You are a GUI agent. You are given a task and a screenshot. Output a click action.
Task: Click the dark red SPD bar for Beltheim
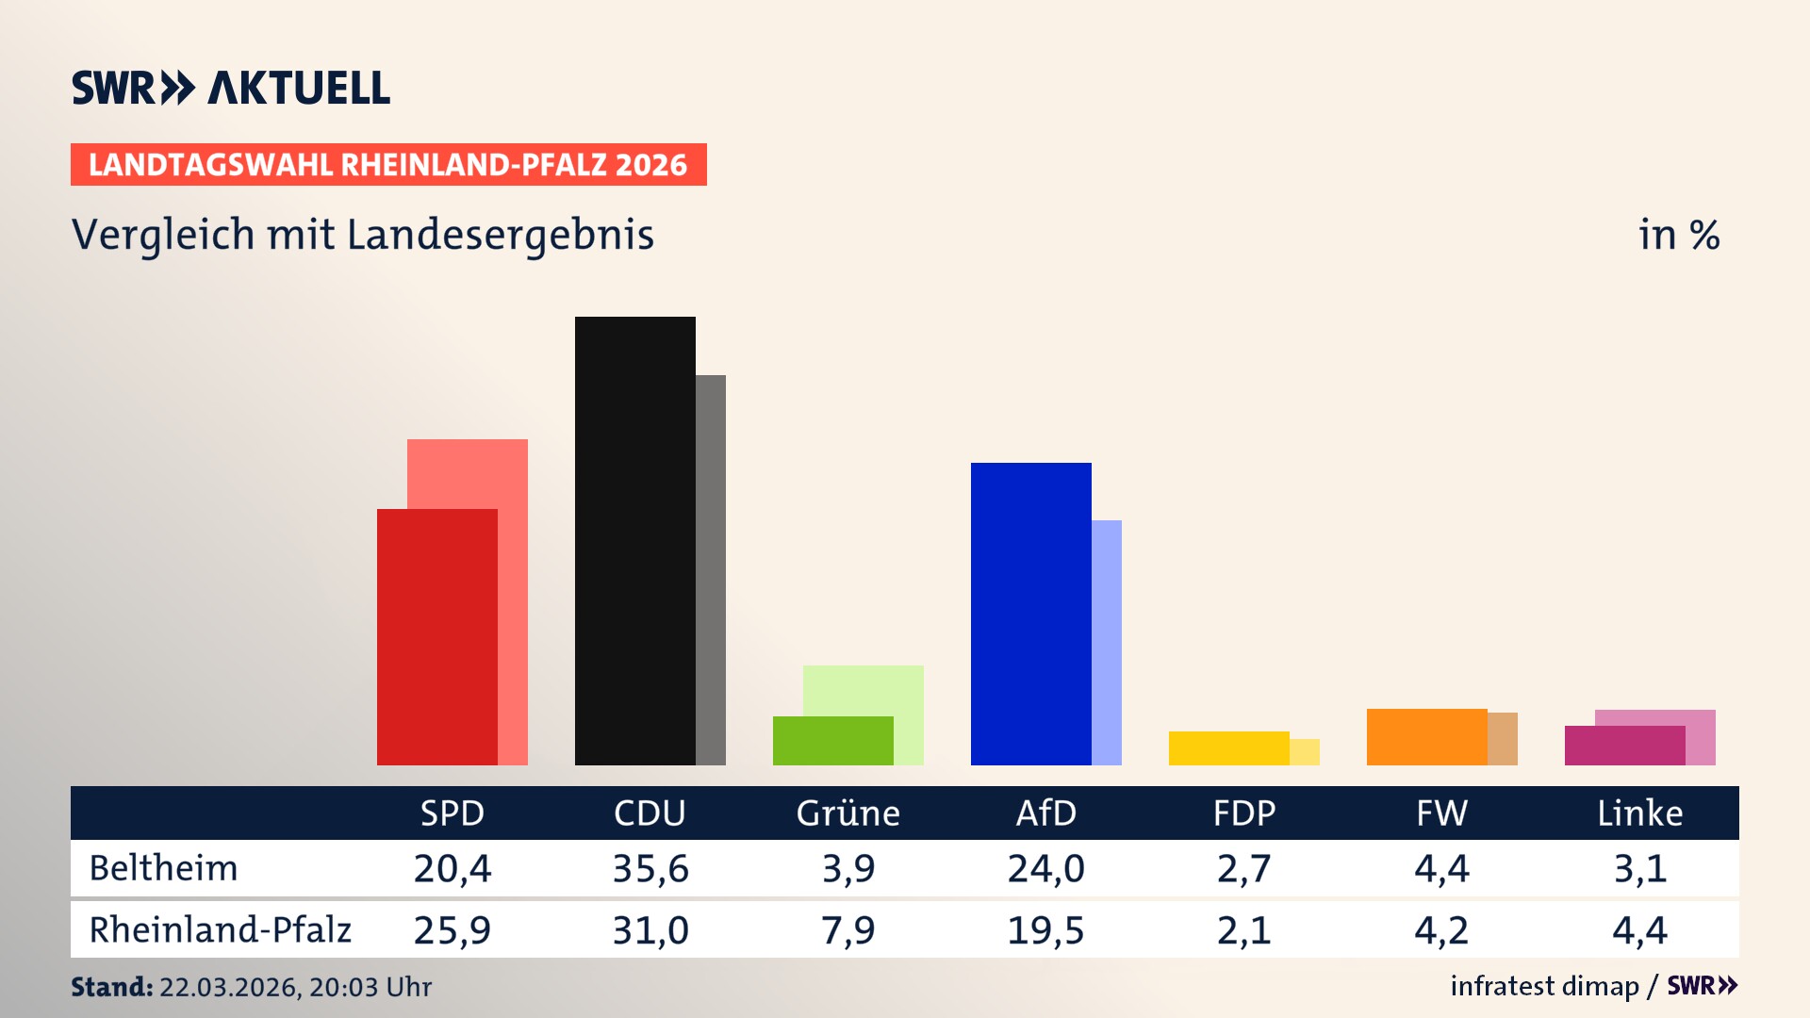coord(436,636)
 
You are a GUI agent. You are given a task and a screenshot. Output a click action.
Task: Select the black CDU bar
coord(634,540)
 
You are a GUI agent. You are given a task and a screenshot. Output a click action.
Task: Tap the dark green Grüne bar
coord(832,740)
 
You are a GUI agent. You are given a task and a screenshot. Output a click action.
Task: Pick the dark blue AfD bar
coord(1030,613)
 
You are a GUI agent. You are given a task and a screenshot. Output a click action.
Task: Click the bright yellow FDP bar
coord(1228,747)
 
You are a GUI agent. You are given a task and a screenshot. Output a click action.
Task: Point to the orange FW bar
coord(1426,736)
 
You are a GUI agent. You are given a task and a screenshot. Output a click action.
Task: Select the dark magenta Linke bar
coord(1624,745)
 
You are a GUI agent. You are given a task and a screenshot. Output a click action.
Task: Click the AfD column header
coord(1045,813)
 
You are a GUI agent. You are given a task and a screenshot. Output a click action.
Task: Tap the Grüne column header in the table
coord(847,813)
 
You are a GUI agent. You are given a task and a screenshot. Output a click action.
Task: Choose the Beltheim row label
coord(163,868)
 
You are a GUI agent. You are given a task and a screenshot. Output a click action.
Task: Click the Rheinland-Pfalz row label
coord(220,929)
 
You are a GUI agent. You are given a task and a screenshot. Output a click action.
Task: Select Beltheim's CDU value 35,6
coord(650,868)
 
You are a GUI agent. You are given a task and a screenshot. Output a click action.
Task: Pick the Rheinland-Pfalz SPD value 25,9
coord(452,930)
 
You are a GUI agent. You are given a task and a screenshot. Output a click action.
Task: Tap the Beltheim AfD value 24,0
coord(1045,868)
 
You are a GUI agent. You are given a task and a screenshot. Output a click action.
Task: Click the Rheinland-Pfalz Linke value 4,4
coord(1639,930)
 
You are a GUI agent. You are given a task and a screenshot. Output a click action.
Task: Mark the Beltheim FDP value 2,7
coord(1243,868)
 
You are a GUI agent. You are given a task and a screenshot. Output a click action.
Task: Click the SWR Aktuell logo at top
coord(231,88)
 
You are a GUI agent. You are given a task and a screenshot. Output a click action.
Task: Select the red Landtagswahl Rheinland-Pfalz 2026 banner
coord(388,165)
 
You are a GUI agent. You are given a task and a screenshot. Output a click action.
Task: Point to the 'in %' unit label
coord(1678,235)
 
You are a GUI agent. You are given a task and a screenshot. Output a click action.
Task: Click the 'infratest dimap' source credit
coord(1544,986)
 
